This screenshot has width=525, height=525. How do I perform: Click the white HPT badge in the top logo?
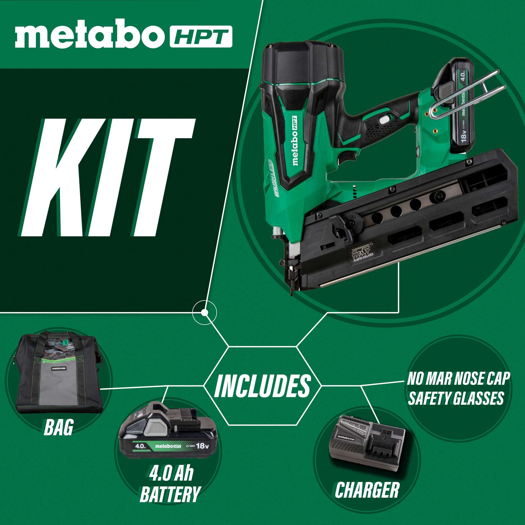pos(201,37)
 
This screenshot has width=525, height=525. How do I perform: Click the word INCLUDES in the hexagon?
pos(262,385)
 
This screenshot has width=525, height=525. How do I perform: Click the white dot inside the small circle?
pos(204,313)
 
